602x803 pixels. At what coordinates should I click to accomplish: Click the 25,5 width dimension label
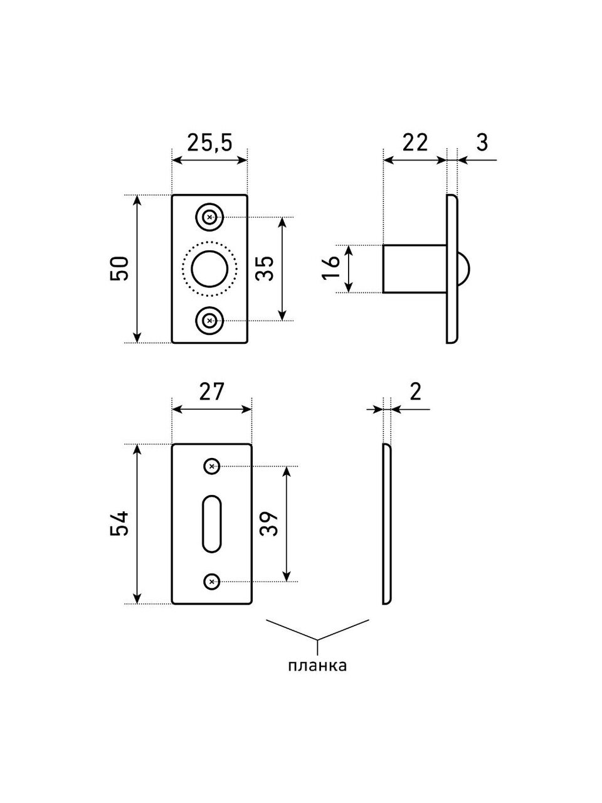click(x=209, y=143)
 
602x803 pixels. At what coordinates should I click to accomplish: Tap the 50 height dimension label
click(x=121, y=269)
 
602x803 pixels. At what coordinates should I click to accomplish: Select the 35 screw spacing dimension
click(x=265, y=269)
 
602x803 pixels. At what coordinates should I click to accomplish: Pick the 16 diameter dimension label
click(x=334, y=269)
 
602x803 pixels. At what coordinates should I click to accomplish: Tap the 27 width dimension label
click(x=211, y=392)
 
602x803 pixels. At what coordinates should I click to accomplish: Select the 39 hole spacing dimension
click(x=268, y=523)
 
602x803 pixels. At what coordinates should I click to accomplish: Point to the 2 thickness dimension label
click(x=415, y=391)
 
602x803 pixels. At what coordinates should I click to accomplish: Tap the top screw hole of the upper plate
click(x=209, y=218)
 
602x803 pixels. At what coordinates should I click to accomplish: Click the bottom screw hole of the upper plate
click(x=209, y=321)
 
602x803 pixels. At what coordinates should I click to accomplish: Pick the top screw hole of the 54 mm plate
click(x=212, y=466)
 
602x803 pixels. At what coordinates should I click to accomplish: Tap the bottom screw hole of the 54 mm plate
click(x=212, y=582)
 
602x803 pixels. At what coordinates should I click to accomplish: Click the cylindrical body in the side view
click(x=415, y=269)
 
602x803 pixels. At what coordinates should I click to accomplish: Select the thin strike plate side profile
click(x=386, y=524)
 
